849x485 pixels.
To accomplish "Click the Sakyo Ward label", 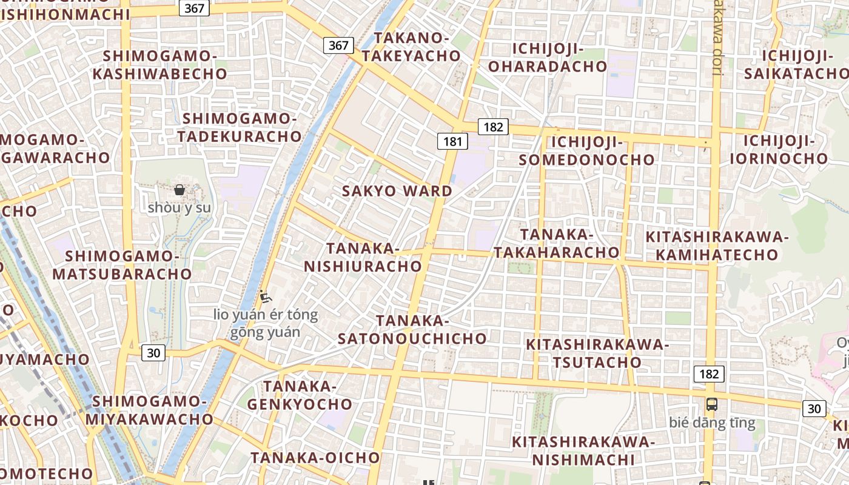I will (397, 191).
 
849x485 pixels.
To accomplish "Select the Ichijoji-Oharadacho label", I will (548, 58).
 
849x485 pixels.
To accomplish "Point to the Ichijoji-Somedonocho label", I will (587, 151).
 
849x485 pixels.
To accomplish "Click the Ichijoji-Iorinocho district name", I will (779, 150).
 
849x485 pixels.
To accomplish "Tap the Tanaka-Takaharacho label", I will (556, 243).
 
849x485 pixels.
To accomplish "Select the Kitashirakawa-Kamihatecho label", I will (717, 246).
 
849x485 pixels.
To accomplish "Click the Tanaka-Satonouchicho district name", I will (412, 330).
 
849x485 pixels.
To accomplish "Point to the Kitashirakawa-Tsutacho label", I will (597, 353).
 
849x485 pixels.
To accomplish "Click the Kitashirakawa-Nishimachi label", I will (583, 450).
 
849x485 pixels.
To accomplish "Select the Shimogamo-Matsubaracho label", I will (122, 265).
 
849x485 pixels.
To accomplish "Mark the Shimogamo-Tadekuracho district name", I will (240, 127).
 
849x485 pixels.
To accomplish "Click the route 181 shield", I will (452, 142).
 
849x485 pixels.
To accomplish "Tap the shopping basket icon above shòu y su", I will (180, 190).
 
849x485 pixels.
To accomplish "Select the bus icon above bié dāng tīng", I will (712, 404).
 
